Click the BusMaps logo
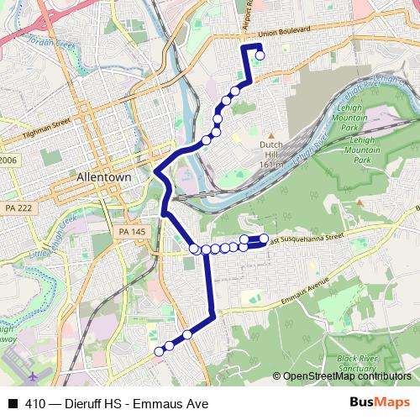pyautogui.click(x=384, y=403)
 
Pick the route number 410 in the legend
pyautogui.click(x=34, y=404)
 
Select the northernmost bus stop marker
pyautogui.click(x=260, y=55)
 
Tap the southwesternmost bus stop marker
pyautogui.click(x=158, y=352)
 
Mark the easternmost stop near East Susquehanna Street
pyautogui.click(x=264, y=239)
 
